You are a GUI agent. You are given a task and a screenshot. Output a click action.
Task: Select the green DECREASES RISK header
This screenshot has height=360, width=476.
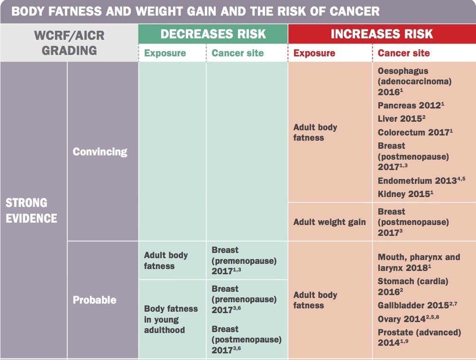click(x=213, y=34)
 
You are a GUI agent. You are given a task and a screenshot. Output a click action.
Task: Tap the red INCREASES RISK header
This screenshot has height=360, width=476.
click(x=382, y=34)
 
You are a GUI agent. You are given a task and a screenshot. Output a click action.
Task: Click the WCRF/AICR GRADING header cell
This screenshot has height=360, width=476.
click(x=69, y=43)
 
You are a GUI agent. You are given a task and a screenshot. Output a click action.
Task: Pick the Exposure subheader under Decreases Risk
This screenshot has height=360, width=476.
click(x=165, y=53)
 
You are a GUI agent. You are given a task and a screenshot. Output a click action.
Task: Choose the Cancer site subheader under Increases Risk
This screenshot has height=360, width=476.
click(x=403, y=53)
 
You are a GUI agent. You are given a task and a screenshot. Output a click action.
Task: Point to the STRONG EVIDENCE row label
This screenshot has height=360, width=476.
click(x=31, y=210)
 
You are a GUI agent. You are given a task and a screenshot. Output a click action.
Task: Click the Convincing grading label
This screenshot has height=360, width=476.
click(x=100, y=152)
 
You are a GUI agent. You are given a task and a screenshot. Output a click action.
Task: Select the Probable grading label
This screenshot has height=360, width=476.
click(x=94, y=300)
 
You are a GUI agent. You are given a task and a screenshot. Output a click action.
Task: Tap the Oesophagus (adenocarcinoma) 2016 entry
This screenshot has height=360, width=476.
click(x=414, y=81)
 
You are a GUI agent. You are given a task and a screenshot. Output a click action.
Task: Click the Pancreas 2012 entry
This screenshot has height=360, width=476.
click(x=411, y=105)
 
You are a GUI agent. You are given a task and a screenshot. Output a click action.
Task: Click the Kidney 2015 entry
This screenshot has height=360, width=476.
click(x=405, y=194)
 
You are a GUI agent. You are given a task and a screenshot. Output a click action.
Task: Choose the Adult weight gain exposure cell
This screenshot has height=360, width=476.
click(x=330, y=222)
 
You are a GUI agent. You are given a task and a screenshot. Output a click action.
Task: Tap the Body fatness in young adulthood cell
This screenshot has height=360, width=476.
click(x=171, y=319)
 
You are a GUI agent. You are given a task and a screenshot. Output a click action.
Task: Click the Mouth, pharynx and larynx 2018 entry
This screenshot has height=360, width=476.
click(x=419, y=262)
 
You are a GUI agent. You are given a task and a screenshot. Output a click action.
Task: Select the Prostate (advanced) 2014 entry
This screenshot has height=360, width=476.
click(x=419, y=337)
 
